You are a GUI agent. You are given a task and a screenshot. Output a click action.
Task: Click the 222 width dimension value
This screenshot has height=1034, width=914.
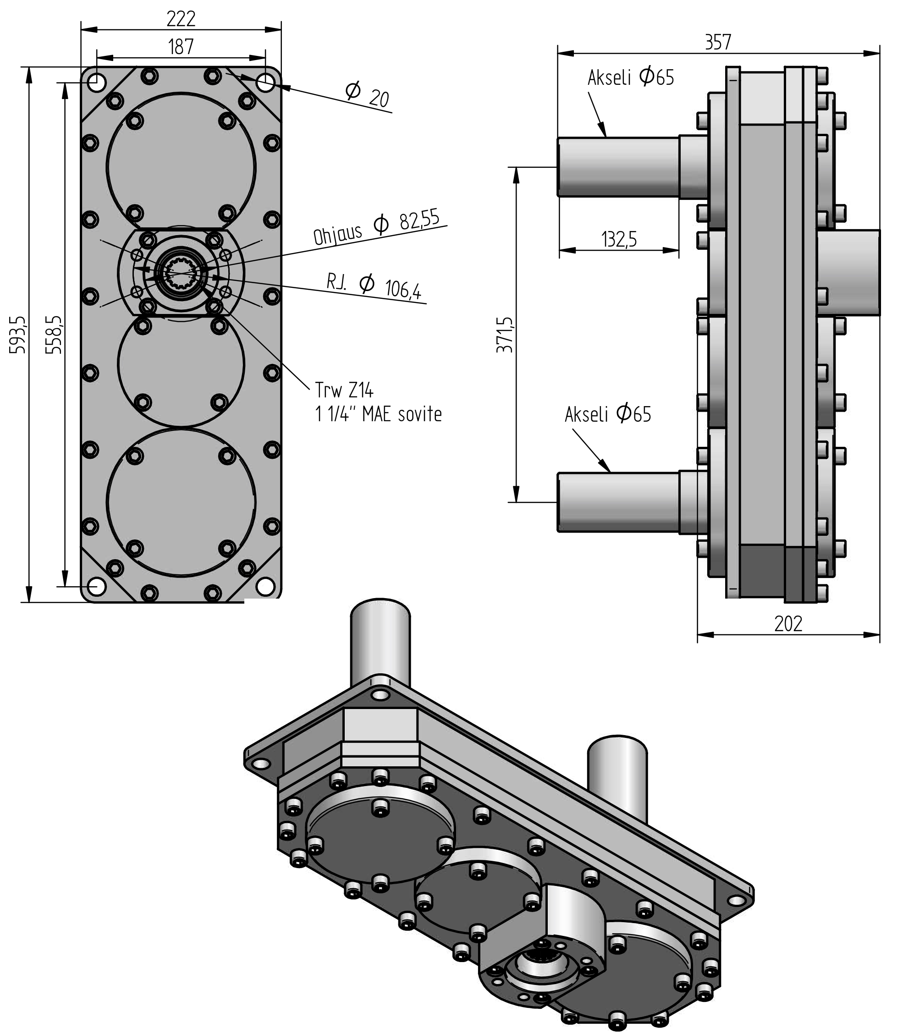181,19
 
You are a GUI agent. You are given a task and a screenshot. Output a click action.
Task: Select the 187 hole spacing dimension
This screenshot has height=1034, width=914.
181,47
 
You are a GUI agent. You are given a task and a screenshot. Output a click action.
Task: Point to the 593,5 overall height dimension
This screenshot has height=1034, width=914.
18,335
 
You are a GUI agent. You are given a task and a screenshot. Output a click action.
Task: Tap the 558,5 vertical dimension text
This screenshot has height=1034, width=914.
54,335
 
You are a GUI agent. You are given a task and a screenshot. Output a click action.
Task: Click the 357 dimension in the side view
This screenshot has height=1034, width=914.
718,43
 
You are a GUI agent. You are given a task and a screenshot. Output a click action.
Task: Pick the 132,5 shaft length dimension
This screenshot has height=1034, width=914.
619,239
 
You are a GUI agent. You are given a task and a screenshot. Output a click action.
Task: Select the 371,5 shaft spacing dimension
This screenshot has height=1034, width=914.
504,335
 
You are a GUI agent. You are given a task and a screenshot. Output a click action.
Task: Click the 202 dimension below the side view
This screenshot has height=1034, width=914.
788,624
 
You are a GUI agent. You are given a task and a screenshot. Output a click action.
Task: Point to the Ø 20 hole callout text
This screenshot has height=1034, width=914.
367,94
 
